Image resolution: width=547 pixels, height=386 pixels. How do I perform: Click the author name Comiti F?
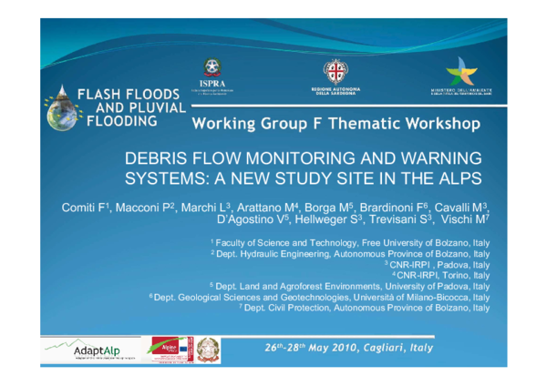pos(83,208)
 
